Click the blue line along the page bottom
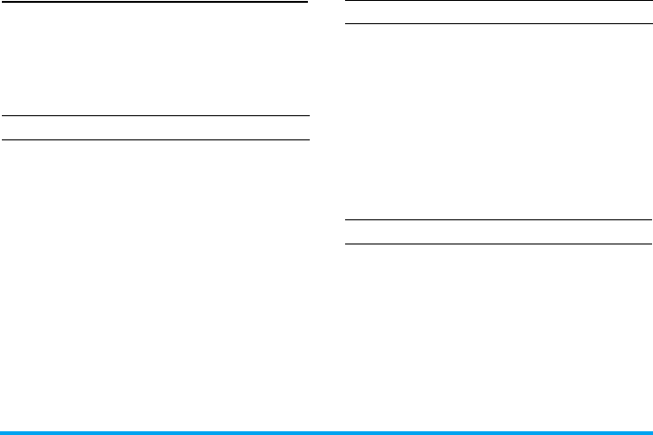pos(326,432)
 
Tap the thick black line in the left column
pos(154,2)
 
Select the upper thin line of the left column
pos(154,116)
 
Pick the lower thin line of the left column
pos(154,140)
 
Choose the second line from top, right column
pos(498,25)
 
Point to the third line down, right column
pos(498,220)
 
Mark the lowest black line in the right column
pos(498,244)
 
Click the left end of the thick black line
pos(2,2)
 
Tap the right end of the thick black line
pos(307,2)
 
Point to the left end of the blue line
pos(2,432)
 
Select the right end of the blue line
pos(650,432)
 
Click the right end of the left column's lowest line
pos(307,140)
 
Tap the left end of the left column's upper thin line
pos(2,116)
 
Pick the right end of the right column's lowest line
pos(649,244)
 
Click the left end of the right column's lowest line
pos(346,244)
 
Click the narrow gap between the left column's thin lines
pos(154,128)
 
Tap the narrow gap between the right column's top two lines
pos(498,13)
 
